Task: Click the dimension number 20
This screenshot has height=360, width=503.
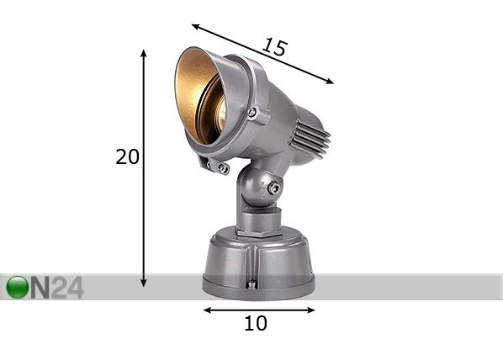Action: tap(127, 157)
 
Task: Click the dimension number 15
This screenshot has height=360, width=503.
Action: tap(273, 47)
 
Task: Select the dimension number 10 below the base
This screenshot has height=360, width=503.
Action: tap(256, 323)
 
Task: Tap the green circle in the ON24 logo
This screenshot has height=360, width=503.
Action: tap(18, 287)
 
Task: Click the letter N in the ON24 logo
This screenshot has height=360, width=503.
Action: tap(40, 287)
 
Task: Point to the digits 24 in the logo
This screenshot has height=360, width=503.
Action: tap(67, 287)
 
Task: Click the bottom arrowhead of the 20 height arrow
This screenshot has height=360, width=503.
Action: tap(144, 283)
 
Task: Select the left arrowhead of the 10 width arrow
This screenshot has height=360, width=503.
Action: tap(208, 310)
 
